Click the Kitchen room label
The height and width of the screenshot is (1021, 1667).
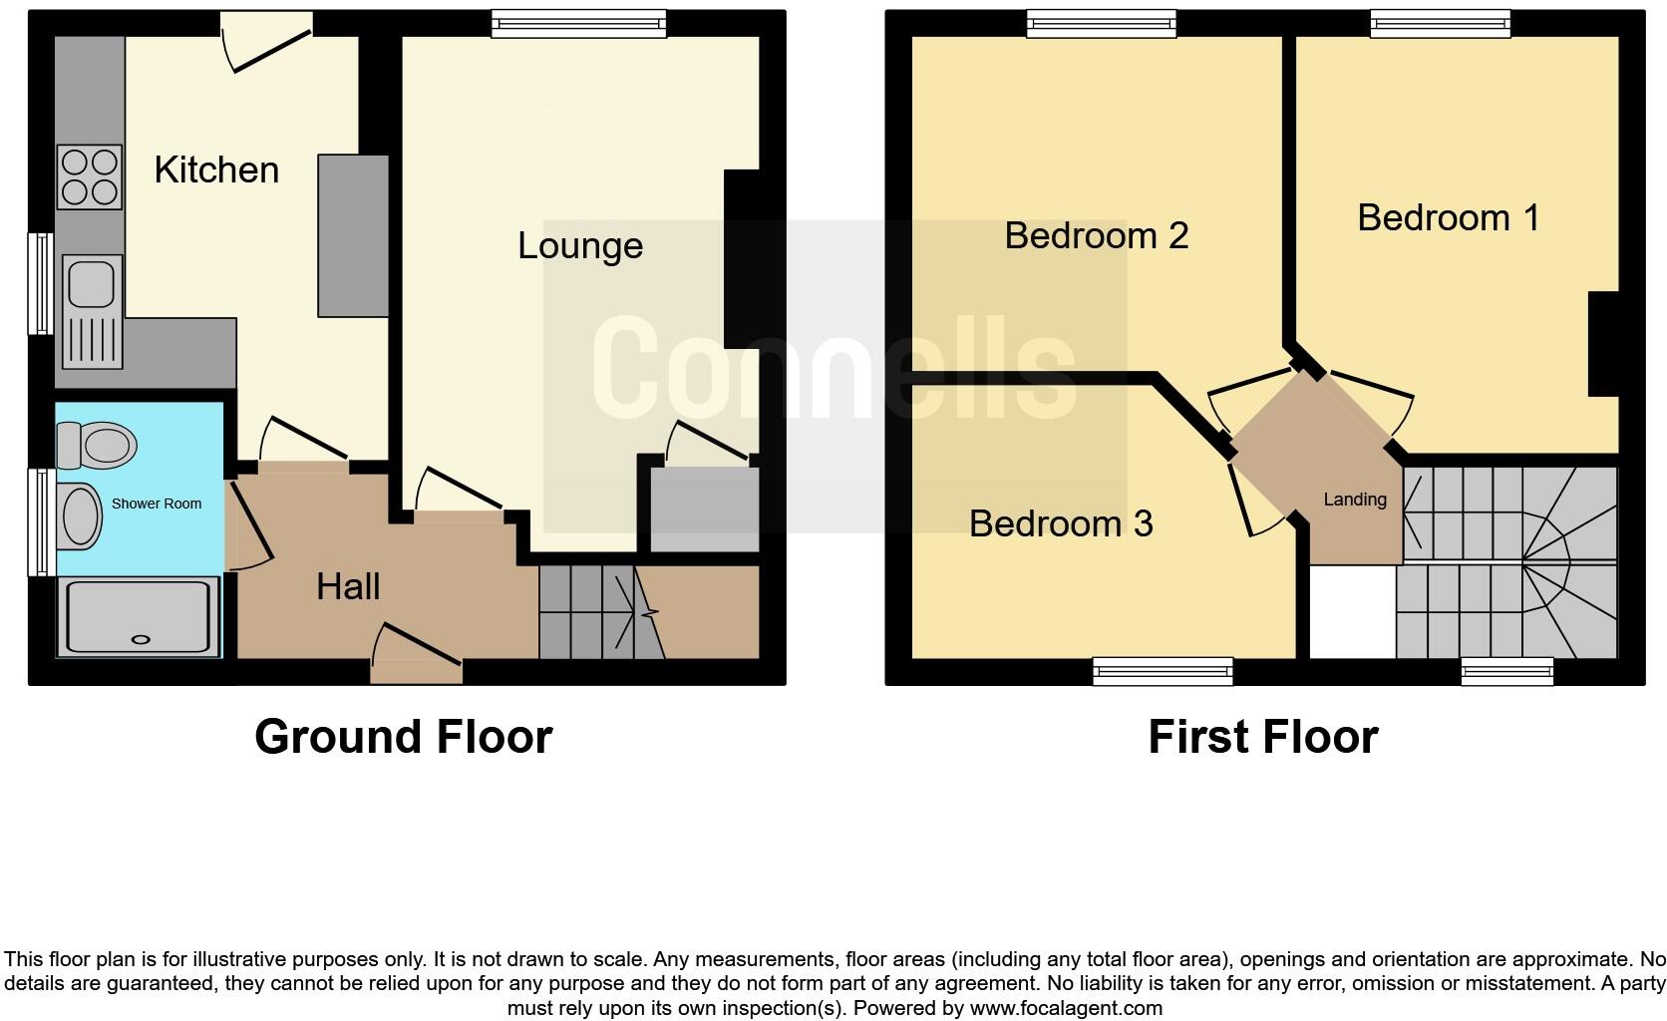coord(216,170)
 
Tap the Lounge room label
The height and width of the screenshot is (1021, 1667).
coord(579,246)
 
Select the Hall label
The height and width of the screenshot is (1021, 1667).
coord(348,586)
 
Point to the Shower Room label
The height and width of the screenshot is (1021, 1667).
coord(157,504)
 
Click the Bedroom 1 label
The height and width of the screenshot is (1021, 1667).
coord(1448,217)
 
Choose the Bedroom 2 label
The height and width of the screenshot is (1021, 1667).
coord(1096,235)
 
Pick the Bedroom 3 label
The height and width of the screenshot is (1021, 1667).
coord(1060,523)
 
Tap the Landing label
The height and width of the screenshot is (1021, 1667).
coord(1355,500)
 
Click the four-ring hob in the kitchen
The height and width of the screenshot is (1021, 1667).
coord(90,177)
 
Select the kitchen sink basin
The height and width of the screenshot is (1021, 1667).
coord(91,281)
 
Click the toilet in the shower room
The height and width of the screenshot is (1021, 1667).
coord(98,445)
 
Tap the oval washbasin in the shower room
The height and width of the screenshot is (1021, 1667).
coord(82,516)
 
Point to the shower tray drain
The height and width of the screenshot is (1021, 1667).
coord(141,640)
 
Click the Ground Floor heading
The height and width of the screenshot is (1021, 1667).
coord(403,737)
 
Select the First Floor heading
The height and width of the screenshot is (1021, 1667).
coord(1262,737)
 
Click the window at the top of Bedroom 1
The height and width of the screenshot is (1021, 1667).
coord(1440,24)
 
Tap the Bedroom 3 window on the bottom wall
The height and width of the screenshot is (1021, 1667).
coord(1163,672)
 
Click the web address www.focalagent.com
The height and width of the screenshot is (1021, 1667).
coord(1066,1008)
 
